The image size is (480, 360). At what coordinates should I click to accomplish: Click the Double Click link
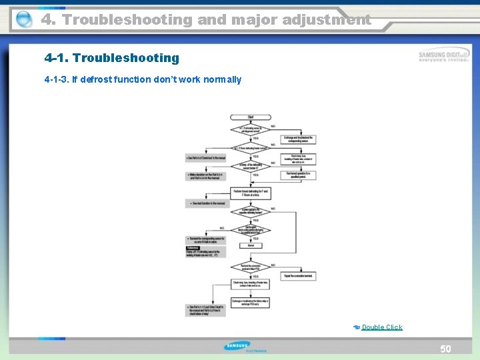[x=382, y=327]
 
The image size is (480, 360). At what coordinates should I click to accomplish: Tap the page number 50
[x=445, y=349]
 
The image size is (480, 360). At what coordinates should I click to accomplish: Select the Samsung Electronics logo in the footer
[x=245, y=347]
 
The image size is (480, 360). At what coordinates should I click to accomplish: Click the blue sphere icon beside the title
[x=23, y=20]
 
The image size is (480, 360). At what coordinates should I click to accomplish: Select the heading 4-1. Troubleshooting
[x=112, y=58]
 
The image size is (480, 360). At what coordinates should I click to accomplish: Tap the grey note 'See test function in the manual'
[x=207, y=203]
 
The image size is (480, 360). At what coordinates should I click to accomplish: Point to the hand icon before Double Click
[x=357, y=327]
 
